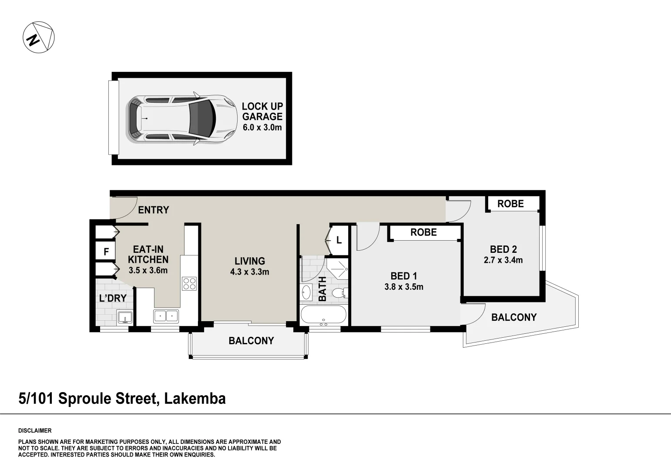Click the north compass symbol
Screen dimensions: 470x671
pos(38,37)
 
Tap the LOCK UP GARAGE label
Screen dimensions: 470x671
pos(262,111)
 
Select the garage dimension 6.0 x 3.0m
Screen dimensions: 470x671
pos(262,128)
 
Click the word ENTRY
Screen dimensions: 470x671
pos(153,210)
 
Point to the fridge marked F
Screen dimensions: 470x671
pos(106,252)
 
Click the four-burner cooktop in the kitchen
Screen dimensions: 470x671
pos(189,284)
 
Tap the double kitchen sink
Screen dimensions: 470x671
pos(166,316)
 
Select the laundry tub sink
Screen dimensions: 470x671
pos(125,317)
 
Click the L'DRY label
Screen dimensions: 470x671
pos(113,298)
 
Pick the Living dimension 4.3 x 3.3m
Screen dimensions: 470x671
pos(249,272)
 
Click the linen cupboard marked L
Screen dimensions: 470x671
pos(339,240)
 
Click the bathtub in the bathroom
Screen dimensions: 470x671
pos(323,315)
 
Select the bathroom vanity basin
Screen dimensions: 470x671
pos(306,292)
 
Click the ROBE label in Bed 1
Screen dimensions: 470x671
pos(423,232)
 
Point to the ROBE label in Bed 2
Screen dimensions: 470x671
pos(510,204)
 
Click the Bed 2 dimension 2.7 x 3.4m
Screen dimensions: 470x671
pos(503,260)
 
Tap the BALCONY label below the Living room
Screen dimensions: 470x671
pos(251,341)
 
